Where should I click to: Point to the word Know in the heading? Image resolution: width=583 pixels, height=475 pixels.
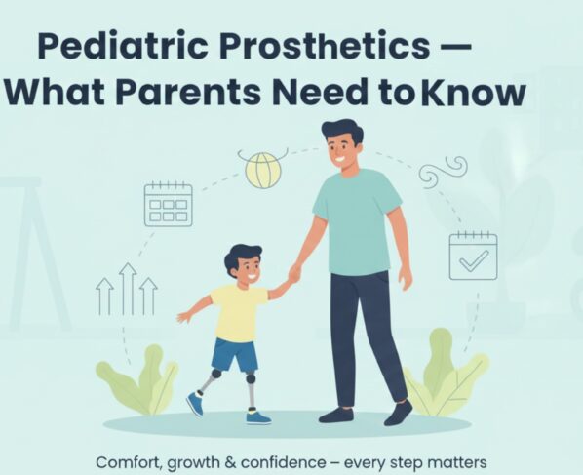point(478,93)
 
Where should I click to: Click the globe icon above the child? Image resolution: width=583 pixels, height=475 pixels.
point(262,169)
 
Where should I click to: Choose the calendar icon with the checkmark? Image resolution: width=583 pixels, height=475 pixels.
point(473,257)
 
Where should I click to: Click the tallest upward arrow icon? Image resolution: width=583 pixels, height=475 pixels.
point(127,287)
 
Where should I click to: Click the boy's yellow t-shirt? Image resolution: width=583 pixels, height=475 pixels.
point(238,311)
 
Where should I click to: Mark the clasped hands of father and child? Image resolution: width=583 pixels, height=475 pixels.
point(293,275)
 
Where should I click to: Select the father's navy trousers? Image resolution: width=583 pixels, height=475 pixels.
point(365,332)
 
